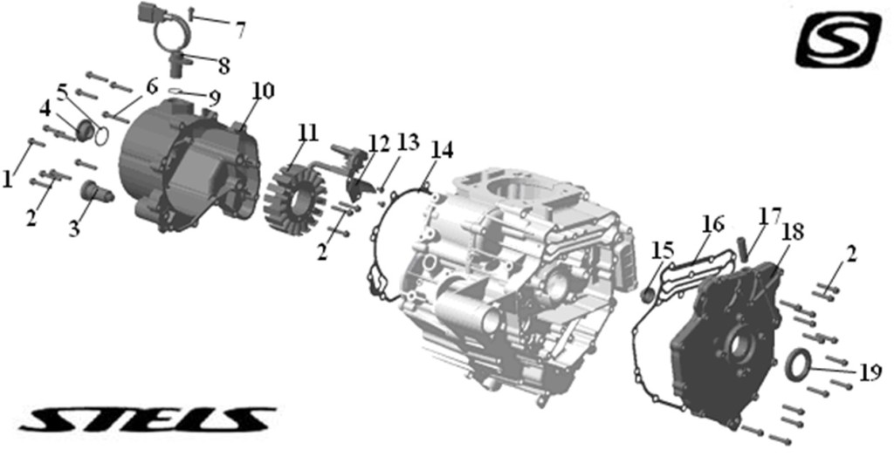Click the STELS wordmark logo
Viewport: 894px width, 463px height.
tap(147, 419)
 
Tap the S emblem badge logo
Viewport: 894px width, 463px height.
tap(838, 38)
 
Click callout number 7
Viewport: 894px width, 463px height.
tap(240, 29)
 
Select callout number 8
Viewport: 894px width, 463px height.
tap(223, 65)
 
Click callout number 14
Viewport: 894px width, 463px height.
tap(443, 150)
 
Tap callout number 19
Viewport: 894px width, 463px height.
tap(870, 372)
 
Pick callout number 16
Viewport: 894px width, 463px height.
tap(712, 224)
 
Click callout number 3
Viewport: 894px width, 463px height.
tap(74, 229)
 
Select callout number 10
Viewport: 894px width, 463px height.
tap(264, 92)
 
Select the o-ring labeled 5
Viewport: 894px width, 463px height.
tap(101, 137)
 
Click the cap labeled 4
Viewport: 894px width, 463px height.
tap(85, 130)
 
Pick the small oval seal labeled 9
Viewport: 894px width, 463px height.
tap(176, 90)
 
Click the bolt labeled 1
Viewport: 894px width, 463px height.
tap(36, 142)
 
